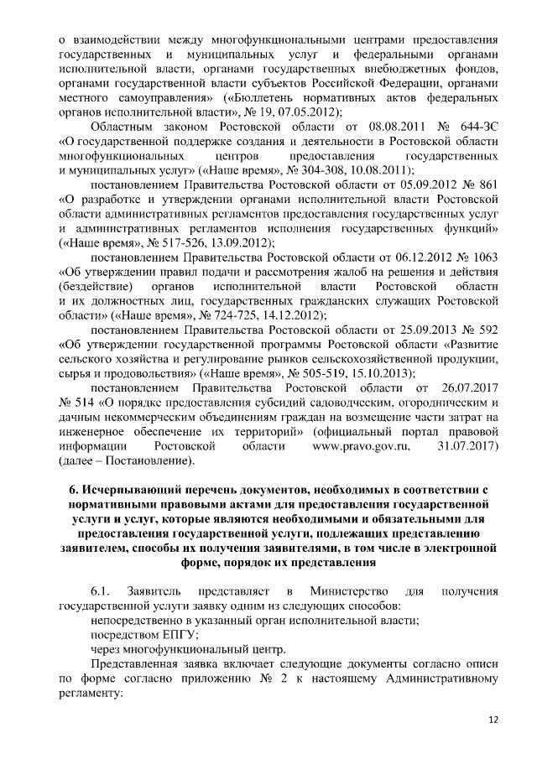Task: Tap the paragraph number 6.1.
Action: point(102,590)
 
